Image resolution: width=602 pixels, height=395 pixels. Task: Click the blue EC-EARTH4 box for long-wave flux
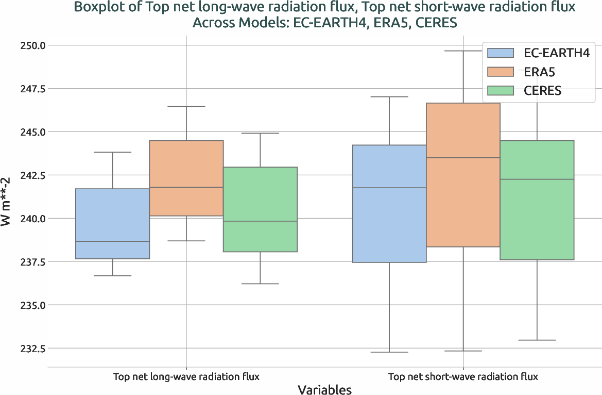click(x=112, y=224)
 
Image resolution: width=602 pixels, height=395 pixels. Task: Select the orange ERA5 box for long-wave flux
click(x=186, y=178)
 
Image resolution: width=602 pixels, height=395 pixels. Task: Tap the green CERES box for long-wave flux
click(x=260, y=209)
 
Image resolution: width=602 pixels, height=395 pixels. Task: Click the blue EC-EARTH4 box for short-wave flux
click(x=389, y=204)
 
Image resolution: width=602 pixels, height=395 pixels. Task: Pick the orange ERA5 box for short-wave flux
click(x=463, y=175)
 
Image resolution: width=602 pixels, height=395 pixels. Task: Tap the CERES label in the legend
click(x=542, y=91)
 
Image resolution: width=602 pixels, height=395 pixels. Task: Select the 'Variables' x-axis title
click(x=325, y=390)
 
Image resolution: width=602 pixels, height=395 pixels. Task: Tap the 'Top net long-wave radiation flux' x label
click(x=186, y=376)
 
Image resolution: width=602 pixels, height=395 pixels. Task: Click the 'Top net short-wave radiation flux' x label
click(x=463, y=376)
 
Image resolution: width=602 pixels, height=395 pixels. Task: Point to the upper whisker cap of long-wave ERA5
click(x=186, y=106)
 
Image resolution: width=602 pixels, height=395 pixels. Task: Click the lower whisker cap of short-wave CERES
click(x=537, y=340)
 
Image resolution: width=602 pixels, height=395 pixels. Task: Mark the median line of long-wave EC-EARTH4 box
click(x=112, y=241)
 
